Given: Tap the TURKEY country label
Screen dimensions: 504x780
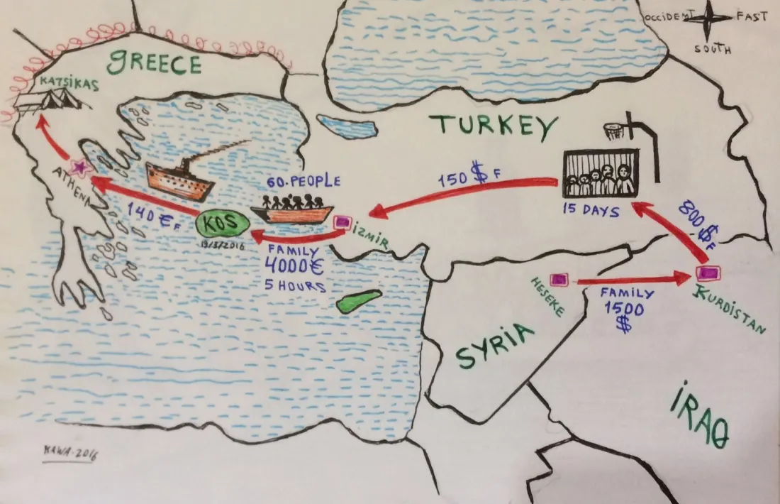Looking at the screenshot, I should [x=494, y=126].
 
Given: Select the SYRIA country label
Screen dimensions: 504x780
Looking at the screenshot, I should [x=494, y=346].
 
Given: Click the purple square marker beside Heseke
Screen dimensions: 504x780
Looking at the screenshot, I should [x=559, y=280].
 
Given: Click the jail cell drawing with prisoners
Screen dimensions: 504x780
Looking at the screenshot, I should [x=600, y=174].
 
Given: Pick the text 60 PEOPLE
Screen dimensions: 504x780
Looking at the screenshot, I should [x=304, y=182].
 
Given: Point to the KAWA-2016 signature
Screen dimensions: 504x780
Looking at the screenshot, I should [x=69, y=454].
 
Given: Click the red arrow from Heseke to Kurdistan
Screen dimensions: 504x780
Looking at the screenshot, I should [x=634, y=280].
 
